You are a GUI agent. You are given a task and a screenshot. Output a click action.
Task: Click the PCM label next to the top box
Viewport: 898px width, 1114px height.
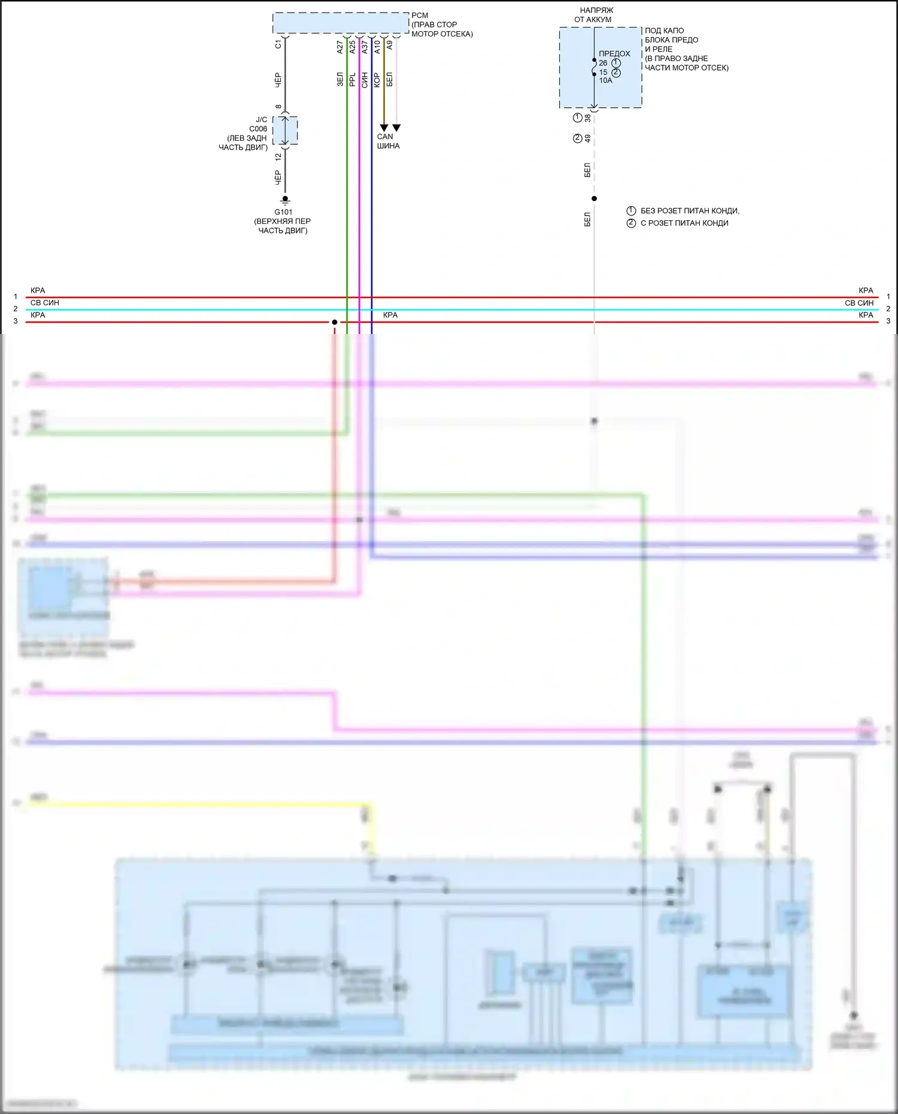420,16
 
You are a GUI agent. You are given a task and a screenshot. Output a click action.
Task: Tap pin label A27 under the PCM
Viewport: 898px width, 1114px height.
340,47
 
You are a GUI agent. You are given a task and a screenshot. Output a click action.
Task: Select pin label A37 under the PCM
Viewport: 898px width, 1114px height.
365,47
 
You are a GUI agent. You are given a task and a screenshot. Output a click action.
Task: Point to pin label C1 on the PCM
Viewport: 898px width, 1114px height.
278,45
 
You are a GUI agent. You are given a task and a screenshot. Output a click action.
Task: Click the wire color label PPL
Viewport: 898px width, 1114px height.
353,80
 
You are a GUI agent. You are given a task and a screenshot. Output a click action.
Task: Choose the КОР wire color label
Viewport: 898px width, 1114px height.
377,80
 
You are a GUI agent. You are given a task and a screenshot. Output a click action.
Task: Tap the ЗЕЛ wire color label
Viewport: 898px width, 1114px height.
340,80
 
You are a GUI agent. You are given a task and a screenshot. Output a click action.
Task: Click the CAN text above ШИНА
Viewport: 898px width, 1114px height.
385,136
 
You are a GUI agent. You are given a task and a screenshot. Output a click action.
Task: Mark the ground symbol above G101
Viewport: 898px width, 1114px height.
286,200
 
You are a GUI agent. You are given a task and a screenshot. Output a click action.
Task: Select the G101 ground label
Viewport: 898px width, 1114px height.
284,212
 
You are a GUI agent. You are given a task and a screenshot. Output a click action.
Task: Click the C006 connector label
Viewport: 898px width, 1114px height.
258,129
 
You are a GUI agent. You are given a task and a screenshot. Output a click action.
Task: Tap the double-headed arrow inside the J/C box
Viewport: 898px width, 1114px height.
286,130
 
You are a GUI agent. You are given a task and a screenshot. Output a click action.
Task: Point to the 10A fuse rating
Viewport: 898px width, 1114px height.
606,81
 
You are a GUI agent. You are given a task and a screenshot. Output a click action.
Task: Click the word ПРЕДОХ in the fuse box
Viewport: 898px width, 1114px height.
614,53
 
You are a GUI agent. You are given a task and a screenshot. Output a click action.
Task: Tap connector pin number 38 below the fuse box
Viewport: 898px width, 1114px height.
588,118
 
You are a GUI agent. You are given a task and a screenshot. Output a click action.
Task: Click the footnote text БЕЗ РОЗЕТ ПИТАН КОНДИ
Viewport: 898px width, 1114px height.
690,211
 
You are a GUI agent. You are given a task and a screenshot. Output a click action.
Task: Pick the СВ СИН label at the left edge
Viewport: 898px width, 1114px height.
45,303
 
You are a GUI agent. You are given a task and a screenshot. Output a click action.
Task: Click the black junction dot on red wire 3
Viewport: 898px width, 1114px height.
335,322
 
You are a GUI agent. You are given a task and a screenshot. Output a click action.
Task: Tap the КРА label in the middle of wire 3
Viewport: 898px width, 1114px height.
390,315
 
